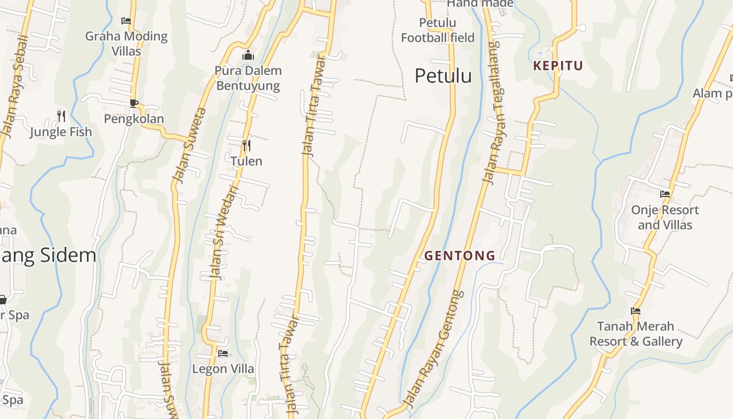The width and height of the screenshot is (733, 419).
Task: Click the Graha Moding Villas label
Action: tap(126, 43)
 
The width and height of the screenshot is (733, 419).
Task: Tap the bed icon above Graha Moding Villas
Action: tap(126, 21)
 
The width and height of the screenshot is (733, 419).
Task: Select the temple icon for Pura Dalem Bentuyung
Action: tap(248, 55)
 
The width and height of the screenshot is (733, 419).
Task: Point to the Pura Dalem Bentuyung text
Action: tap(248, 78)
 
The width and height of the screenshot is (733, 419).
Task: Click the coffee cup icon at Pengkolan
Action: tap(134, 103)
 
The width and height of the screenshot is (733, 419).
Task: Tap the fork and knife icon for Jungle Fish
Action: tap(61, 116)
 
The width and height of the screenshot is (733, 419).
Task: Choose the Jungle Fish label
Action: tap(61, 132)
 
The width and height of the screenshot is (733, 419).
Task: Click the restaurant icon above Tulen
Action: tap(246, 145)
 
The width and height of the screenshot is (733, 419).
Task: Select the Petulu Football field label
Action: tap(438, 30)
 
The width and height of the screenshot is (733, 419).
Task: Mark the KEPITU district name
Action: tap(558, 66)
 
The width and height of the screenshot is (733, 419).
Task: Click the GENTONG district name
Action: tap(460, 256)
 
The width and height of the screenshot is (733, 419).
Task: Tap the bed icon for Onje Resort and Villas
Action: tap(665, 194)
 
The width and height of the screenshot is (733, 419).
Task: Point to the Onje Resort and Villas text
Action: tap(665, 217)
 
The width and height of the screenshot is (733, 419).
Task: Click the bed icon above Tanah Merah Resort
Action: tap(636, 311)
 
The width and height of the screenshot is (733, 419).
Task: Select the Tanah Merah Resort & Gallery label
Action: tap(636, 334)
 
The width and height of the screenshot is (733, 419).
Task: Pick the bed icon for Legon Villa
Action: tap(223, 353)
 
